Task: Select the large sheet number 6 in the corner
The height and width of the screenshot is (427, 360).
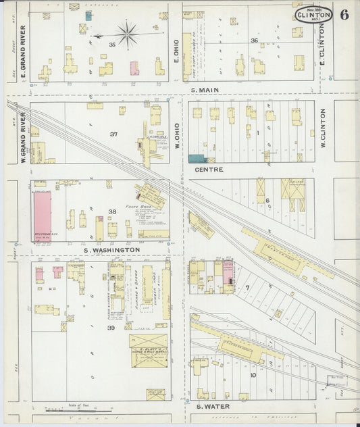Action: point(344,15)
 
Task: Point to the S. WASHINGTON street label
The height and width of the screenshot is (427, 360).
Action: point(111,249)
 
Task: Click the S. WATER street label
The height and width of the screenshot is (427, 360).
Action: point(213,406)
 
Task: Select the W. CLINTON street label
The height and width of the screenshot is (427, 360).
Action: point(323,130)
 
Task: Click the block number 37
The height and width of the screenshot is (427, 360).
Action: point(113,134)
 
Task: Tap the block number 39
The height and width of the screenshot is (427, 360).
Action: point(111,327)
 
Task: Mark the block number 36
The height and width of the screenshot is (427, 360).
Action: point(254,41)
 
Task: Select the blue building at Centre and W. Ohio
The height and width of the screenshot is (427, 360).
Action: point(197,158)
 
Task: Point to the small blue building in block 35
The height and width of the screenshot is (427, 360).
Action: point(88,15)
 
